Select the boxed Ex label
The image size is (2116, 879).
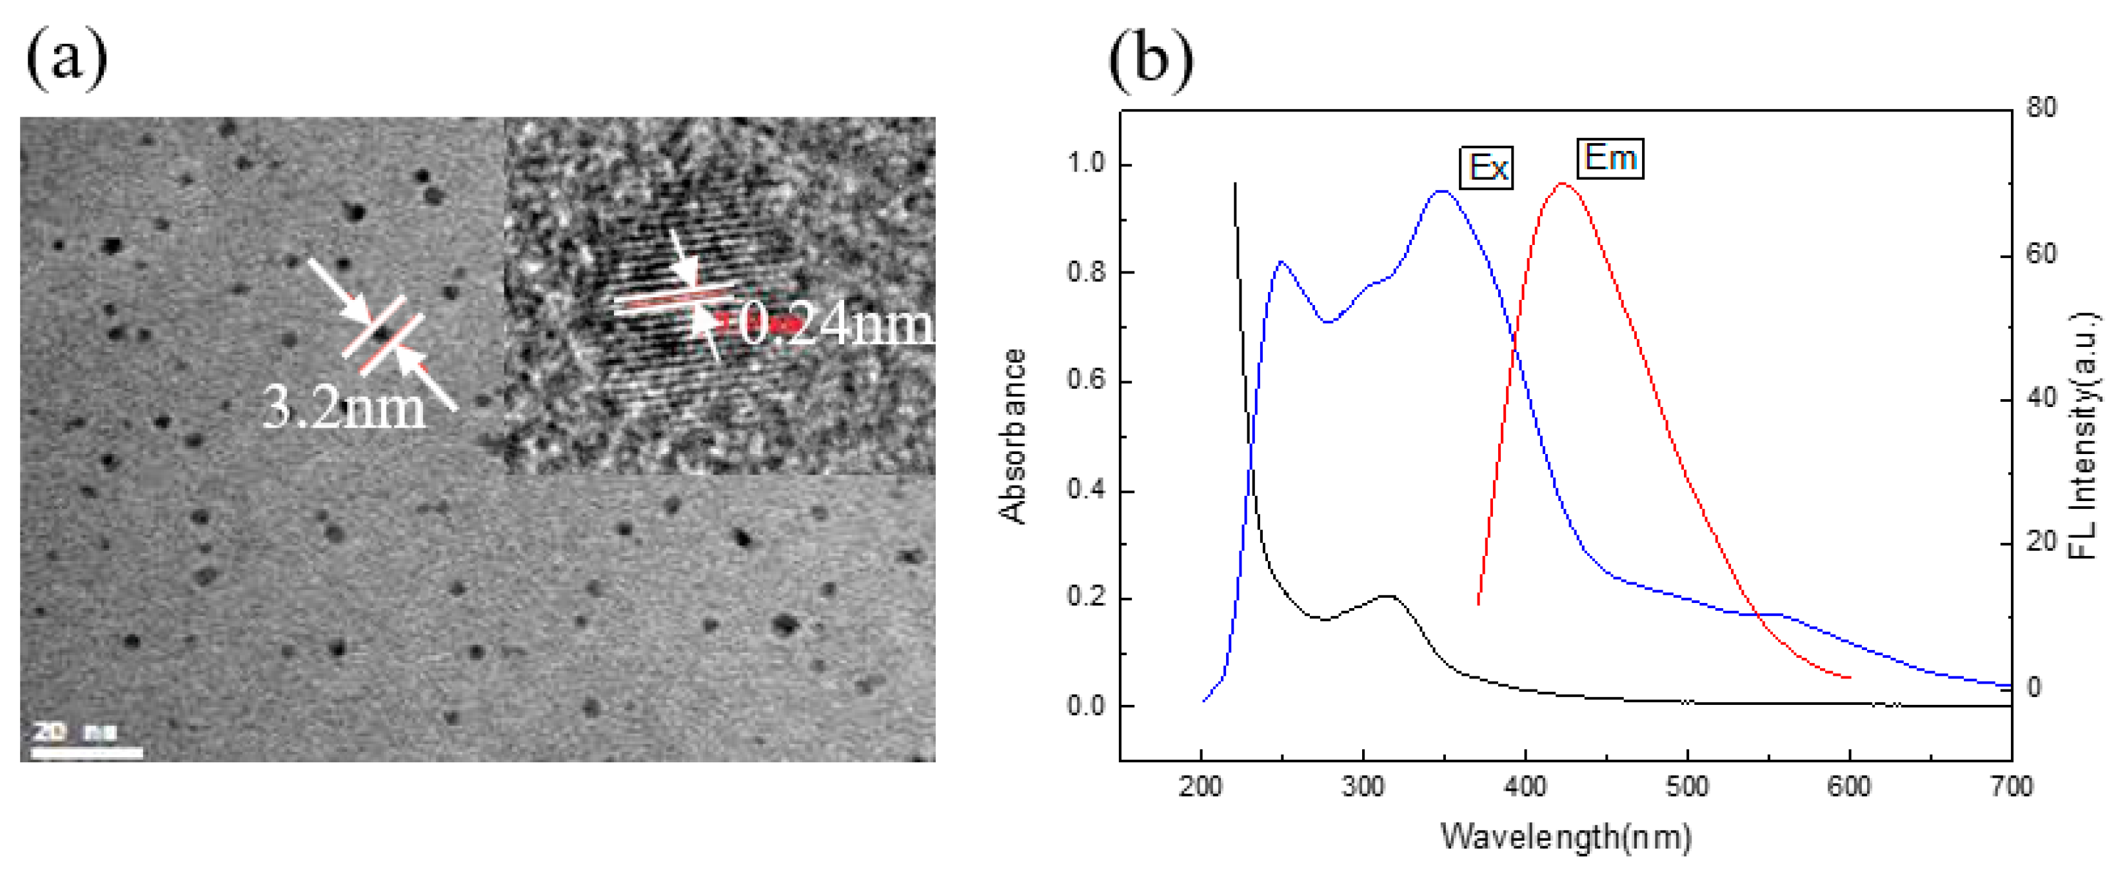click(1487, 168)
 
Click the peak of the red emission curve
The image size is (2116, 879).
click(1563, 183)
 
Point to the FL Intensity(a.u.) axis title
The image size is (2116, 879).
click(2083, 435)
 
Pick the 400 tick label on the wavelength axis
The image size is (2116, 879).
click(1525, 787)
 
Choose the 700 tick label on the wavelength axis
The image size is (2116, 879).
click(2011, 787)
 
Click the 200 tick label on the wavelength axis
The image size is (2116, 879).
click(1201, 787)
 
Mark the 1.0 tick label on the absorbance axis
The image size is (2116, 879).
click(1086, 163)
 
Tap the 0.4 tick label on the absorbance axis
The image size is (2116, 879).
click(1086, 489)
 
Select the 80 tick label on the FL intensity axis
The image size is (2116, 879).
click(2042, 108)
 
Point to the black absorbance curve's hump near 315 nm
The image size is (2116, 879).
click(1389, 596)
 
